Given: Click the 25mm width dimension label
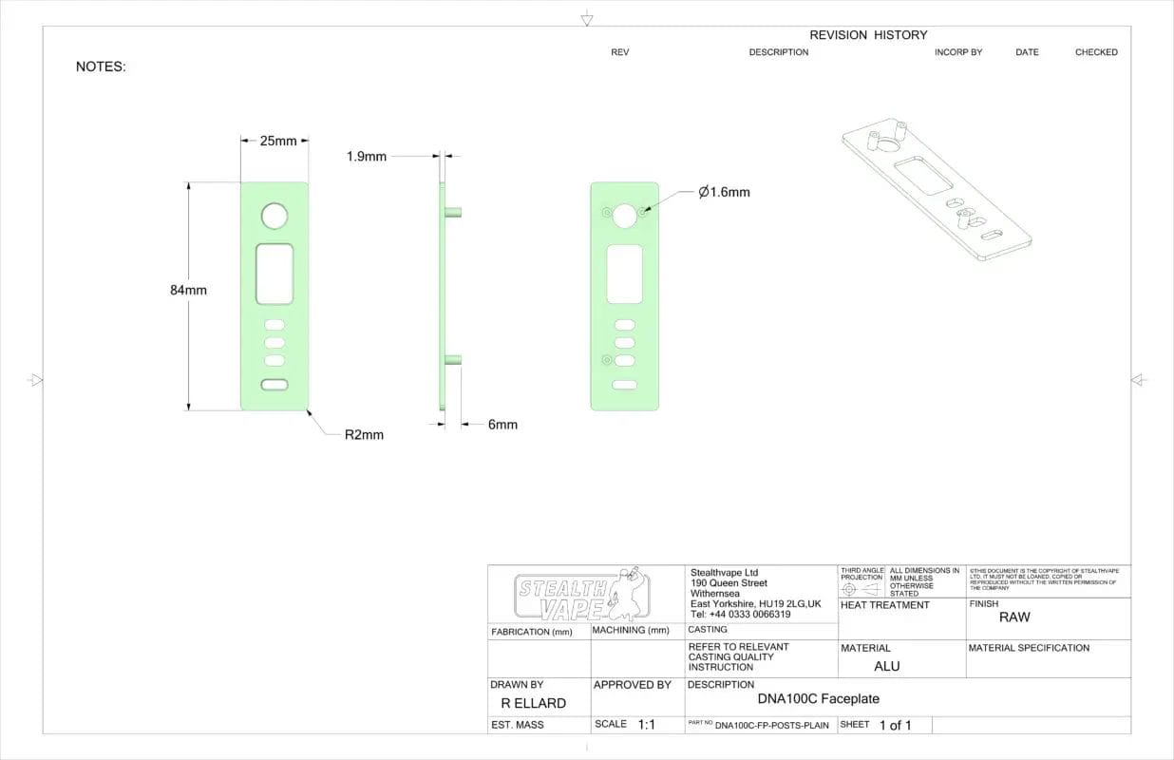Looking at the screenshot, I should pos(277,141).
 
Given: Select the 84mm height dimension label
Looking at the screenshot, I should pos(188,290).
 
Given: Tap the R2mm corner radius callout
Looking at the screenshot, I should pos(364,435).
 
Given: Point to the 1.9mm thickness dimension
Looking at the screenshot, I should pos(367,156).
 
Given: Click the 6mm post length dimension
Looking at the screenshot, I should pos(502,425).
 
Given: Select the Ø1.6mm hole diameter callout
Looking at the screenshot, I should pos(724,192).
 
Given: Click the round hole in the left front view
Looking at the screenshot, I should pos(274,216).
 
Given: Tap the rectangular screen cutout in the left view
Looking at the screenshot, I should pos(274,274).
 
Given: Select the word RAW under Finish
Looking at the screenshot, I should pos(1014,617).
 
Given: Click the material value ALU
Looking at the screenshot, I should pos(886,666).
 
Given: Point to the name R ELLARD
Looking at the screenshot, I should pos(533,704).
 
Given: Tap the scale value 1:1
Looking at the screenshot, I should pos(647,724).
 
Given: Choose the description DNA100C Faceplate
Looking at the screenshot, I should pos(818,699).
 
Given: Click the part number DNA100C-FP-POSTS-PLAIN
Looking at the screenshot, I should pos(771,726).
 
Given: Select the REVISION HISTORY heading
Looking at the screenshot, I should pos(868,35).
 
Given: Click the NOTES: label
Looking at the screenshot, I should pos(101,66).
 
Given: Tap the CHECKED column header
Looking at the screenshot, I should pos(1096,52).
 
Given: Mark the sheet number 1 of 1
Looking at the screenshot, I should pos(895,725).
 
